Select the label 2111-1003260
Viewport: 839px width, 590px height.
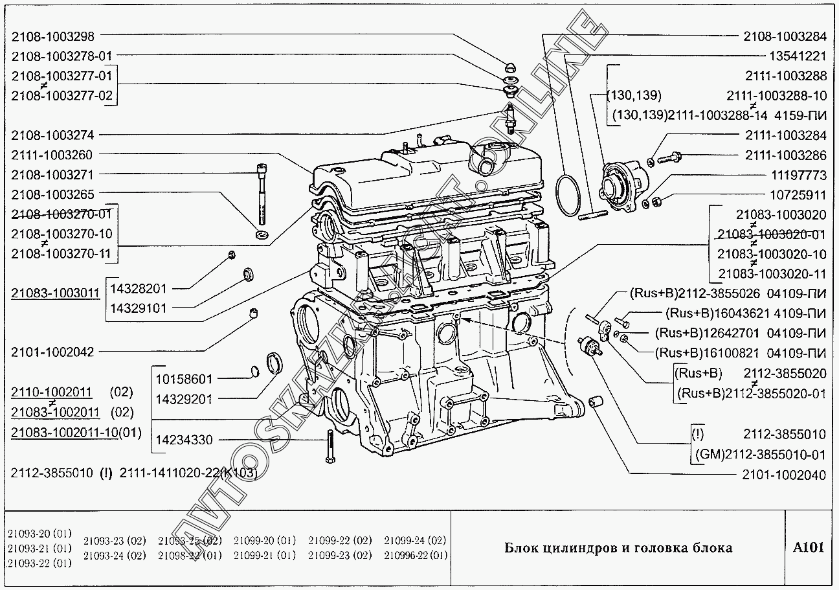click(x=52, y=154)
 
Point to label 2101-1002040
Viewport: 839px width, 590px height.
click(x=784, y=475)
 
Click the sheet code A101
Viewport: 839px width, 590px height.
click(x=809, y=547)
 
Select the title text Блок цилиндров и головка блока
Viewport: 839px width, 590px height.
click(x=618, y=548)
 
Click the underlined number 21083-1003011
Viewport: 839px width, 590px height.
click(x=56, y=293)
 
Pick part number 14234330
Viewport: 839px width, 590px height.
click(x=184, y=440)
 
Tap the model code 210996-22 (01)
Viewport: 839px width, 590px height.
click(x=415, y=555)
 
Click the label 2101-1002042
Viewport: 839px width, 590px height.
click(x=52, y=352)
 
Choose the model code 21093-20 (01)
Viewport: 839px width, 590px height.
click(x=39, y=534)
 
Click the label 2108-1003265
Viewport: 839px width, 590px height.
click(x=52, y=194)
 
